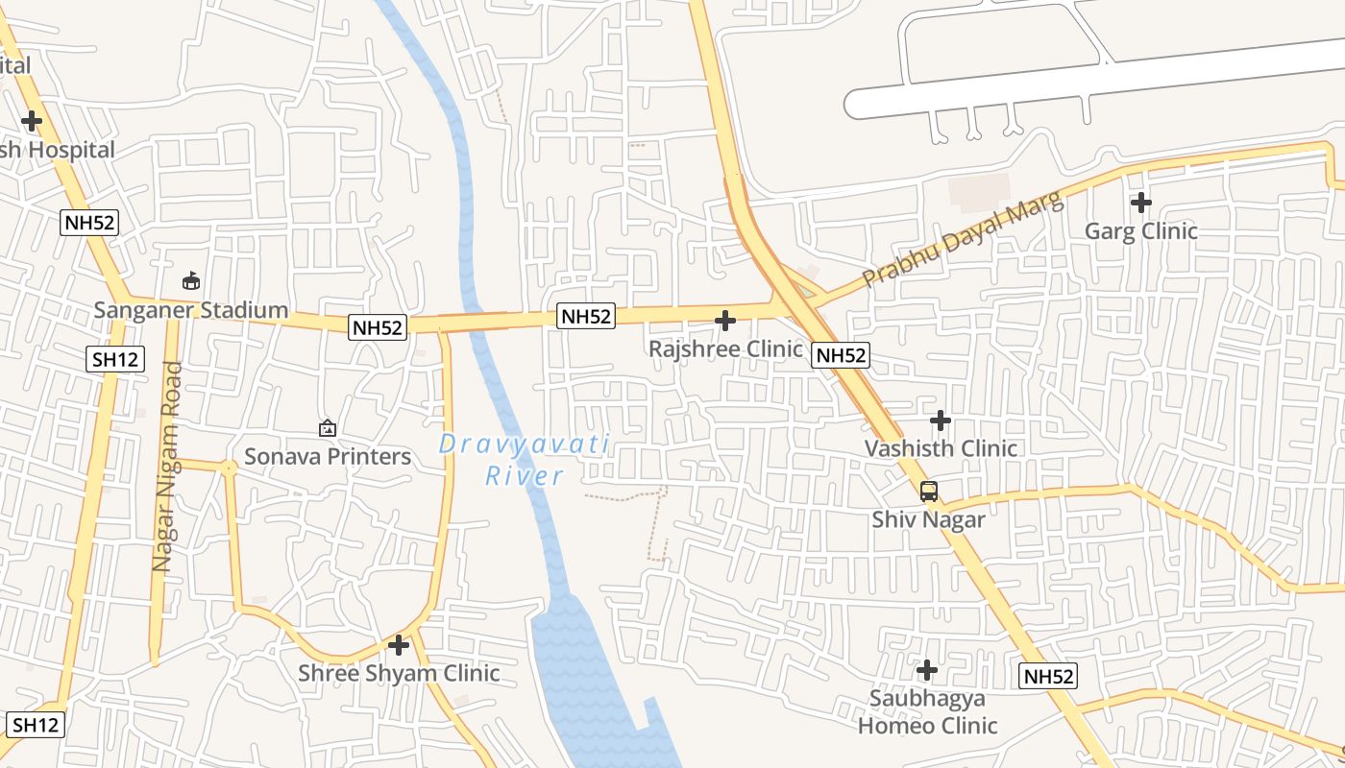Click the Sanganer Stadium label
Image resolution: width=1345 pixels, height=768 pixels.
point(191,310)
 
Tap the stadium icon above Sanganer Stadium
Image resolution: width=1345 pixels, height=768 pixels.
point(191,281)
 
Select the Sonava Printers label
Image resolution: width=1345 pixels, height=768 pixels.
point(328,456)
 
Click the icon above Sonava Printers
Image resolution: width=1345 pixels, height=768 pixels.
point(328,428)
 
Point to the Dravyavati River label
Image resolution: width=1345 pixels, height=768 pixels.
point(525,459)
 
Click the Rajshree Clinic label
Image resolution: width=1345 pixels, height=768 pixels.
point(725,348)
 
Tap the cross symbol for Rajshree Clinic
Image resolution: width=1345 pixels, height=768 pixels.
point(725,320)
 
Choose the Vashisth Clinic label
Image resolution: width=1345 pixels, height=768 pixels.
point(941,448)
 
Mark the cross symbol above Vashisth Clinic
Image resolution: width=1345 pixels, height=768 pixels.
point(941,420)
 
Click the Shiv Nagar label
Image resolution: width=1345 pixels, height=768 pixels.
point(928,519)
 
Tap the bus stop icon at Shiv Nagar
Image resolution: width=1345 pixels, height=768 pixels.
point(928,492)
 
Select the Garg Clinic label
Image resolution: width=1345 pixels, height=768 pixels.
point(1140,230)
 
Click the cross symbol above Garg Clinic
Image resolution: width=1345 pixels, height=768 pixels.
point(1140,203)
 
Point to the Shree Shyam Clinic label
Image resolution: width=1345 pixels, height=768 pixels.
point(399,673)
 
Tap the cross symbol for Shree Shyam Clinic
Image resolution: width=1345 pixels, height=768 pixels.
point(399,645)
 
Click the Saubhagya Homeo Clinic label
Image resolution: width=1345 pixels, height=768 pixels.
point(927,711)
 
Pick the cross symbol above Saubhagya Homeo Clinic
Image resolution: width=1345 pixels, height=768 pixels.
point(927,670)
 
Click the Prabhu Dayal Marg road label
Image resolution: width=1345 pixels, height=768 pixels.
point(963,238)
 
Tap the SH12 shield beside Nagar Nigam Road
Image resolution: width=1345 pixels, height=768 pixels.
point(116,360)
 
